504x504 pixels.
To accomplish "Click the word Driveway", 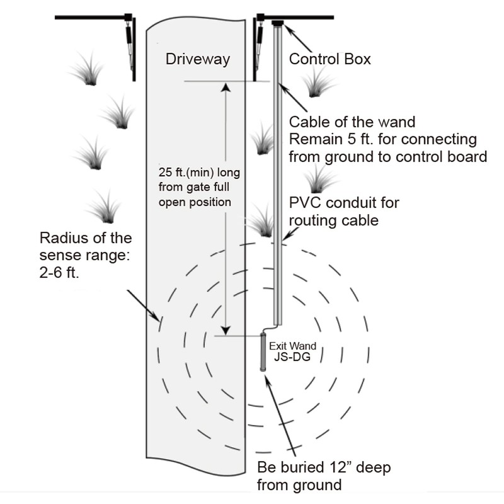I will point(197,60).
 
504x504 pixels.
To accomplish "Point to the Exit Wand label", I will point(292,346).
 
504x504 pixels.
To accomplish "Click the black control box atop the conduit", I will point(277,23).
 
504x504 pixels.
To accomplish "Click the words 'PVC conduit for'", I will point(344,203).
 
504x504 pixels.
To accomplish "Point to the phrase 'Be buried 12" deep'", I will point(324,468).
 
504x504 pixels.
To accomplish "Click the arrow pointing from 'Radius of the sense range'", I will point(146,306).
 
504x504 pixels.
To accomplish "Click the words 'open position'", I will point(195,203).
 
